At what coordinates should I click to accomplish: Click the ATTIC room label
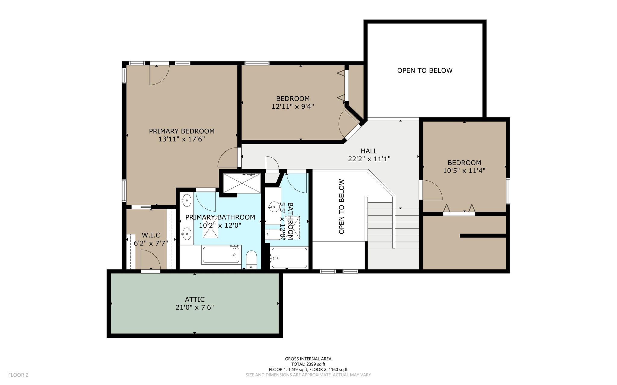(195, 300)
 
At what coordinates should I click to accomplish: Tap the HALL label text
(369, 151)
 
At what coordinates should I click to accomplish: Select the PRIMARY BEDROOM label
(182, 131)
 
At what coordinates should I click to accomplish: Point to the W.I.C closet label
(151, 235)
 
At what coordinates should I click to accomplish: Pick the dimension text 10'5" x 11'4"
(464, 171)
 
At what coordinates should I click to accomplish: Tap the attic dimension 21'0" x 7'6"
(195, 307)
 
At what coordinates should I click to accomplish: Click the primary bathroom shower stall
(242, 183)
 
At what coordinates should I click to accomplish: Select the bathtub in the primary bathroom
(221, 255)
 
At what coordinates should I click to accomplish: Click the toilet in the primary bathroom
(251, 260)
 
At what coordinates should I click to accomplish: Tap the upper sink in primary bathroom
(187, 200)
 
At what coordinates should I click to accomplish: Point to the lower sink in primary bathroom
(187, 233)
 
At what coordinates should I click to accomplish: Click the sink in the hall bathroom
(274, 206)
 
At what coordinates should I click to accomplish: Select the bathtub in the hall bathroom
(289, 258)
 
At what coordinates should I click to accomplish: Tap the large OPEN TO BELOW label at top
(425, 70)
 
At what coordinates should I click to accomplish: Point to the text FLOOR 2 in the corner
(18, 375)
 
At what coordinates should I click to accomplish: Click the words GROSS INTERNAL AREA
(308, 359)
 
